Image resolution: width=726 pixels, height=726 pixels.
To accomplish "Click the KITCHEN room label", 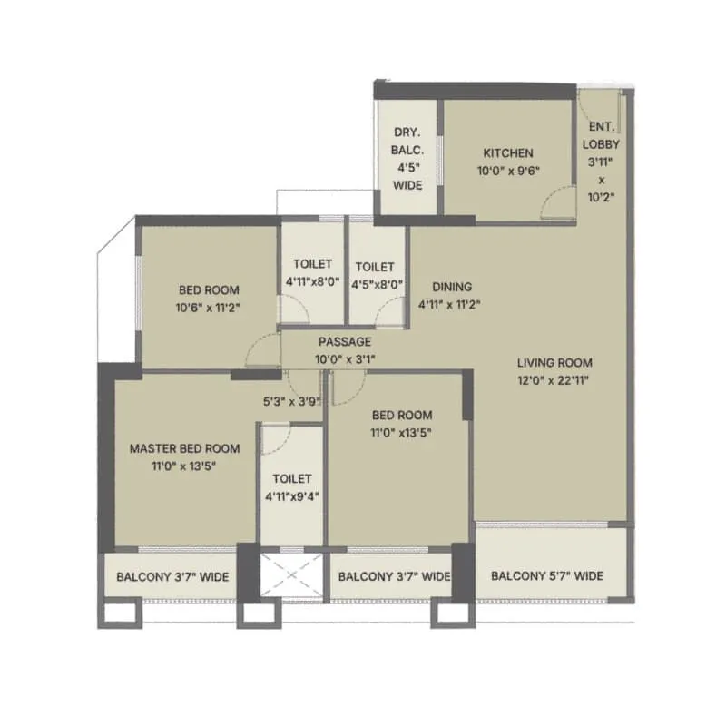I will (x=507, y=153).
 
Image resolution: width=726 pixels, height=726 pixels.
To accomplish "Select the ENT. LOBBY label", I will (x=601, y=135).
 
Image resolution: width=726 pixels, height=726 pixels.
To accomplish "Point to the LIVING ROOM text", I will (x=549, y=361).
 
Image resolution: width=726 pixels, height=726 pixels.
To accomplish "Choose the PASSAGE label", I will (x=345, y=342).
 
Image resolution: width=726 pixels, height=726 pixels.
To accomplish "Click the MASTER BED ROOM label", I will (x=184, y=448).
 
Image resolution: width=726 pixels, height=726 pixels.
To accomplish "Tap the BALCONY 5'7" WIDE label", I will (x=547, y=576).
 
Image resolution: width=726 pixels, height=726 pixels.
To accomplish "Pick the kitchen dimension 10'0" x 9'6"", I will (x=507, y=171).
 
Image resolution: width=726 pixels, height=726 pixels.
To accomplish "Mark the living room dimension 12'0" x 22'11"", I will (x=549, y=379).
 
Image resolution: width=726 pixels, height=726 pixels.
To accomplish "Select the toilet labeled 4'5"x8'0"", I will (x=375, y=282).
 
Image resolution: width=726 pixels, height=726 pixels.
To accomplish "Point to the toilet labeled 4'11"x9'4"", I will (x=291, y=495).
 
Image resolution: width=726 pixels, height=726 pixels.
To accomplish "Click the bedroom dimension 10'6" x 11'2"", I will (x=209, y=307).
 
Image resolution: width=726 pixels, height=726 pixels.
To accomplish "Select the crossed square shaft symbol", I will (x=292, y=574).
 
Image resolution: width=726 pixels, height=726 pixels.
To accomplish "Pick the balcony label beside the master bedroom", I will (x=172, y=576).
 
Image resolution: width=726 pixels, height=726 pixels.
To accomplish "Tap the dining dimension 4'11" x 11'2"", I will (x=450, y=304).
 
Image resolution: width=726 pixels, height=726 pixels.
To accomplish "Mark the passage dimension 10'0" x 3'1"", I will (x=345, y=359).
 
